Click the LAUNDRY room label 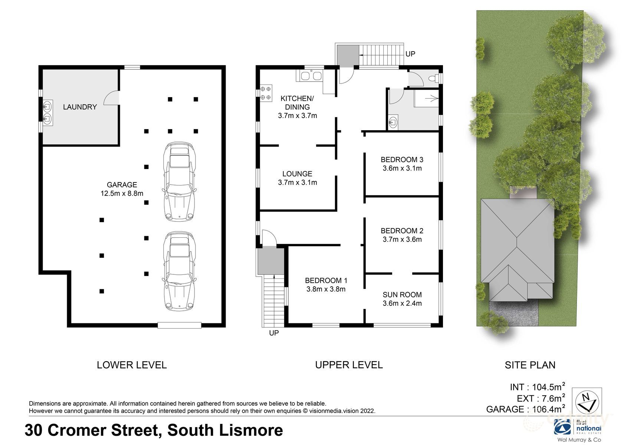tap(80, 107)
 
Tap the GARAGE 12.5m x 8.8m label tap(122, 189)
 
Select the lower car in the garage tap(179, 271)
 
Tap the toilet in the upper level tap(433, 78)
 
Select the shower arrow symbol tap(432, 98)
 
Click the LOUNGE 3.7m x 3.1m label tap(297, 178)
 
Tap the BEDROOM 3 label tap(402, 160)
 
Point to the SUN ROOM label tap(402, 295)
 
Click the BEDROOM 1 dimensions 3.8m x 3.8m tap(326, 289)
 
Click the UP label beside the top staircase tap(410, 54)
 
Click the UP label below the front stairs tap(274, 333)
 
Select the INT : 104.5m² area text tap(537, 387)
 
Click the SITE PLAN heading tap(530, 365)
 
